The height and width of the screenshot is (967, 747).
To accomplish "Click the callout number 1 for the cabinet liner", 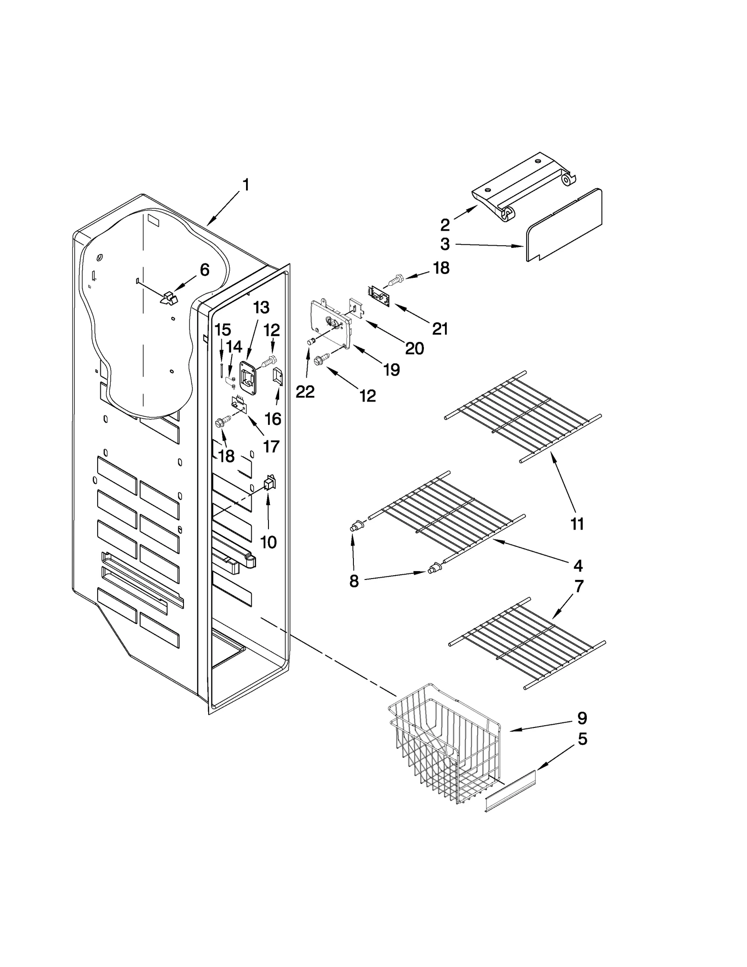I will (x=246, y=185).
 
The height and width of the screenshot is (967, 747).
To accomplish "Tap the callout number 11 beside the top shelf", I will (x=577, y=524).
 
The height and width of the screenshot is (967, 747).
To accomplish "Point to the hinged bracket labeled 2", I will (x=523, y=187).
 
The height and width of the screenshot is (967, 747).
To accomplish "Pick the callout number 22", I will (x=305, y=391).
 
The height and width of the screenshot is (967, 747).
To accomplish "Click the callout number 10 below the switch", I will (x=268, y=542).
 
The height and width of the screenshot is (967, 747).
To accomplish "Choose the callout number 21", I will (x=440, y=329).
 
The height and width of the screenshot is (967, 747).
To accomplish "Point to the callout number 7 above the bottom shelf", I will (x=579, y=586).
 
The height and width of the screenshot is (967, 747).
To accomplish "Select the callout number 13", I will (x=261, y=307).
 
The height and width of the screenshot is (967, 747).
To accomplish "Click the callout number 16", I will (x=273, y=419).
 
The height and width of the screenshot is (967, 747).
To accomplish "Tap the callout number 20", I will (x=414, y=348).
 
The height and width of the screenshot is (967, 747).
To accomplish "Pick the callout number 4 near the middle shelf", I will (x=578, y=565).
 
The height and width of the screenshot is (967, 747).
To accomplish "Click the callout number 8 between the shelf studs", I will (x=354, y=581).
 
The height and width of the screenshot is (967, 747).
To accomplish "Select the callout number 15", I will (x=223, y=330).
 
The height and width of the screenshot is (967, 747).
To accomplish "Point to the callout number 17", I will (x=271, y=446).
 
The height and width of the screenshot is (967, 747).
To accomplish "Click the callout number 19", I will (x=391, y=370).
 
